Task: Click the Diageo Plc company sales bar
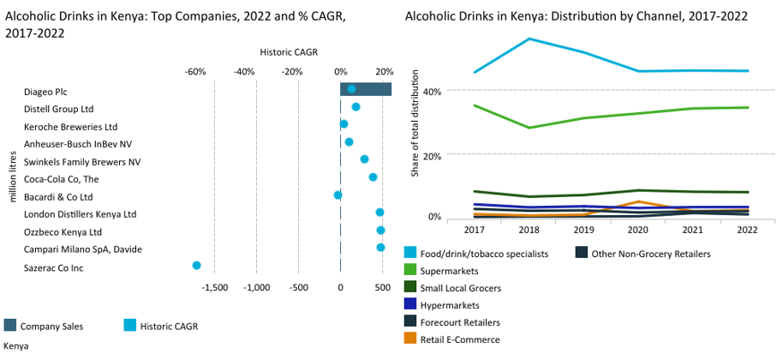pyautogui.click(x=366, y=89)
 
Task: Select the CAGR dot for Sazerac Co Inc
pyautogui.click(x=196, y=267)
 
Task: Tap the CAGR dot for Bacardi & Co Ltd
pyautogui.click(x=338, y=195)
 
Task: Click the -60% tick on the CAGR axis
pyautogui.click(x=195, y=71)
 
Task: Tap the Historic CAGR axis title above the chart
pyautogui.click(x=288, y=52)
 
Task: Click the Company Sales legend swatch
pyautogui.click(x=10, y=325)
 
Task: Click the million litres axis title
pyautogui.click(x=12, y=177)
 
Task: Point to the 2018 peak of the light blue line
pyautogui.click(x=530, y=39)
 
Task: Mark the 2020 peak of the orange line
pyautogui.click(x=638, y=201)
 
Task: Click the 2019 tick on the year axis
pyautogui.click(x=584, y=230)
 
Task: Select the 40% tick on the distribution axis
pyautogui.click(x=433, y=91)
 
